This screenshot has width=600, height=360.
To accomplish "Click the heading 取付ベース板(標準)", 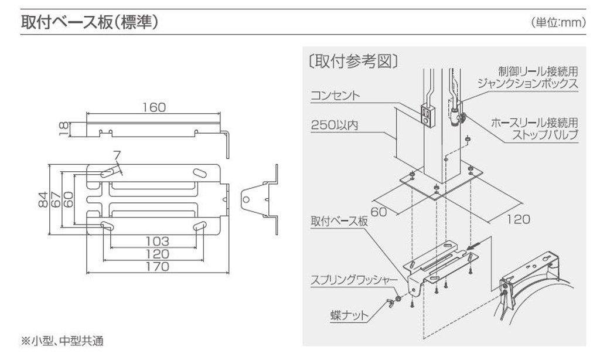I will click(88, 23).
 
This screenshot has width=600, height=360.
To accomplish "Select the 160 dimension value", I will click(154, 107).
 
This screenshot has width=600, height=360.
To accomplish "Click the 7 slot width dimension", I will click(117, 155).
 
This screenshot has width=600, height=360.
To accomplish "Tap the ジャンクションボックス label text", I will click(528, 83).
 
